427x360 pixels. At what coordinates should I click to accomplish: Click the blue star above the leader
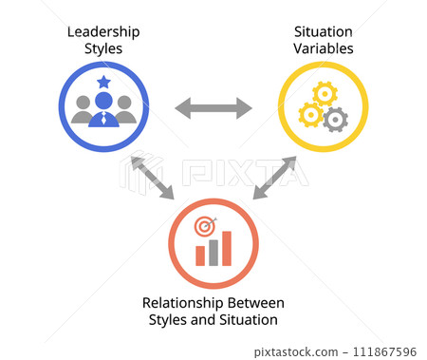(x=103, y=83)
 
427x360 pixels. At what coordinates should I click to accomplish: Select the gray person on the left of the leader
(x=83, y=109)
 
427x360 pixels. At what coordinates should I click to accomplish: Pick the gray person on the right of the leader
(x=124, y=109)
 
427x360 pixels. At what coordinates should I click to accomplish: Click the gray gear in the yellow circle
(x=335, y=120)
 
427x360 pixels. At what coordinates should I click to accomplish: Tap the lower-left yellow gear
(x=309, y=115)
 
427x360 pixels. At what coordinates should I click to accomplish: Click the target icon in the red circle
(x=204, y=228)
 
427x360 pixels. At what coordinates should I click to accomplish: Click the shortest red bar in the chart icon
(x=200, y=256)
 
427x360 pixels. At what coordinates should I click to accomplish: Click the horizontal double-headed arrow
(x=213, y=107)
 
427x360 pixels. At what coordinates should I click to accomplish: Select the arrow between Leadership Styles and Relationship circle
(x=152, y=178)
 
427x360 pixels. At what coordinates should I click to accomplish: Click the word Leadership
(x=102, y=31)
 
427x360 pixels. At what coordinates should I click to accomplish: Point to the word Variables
(x=322, y=47)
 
